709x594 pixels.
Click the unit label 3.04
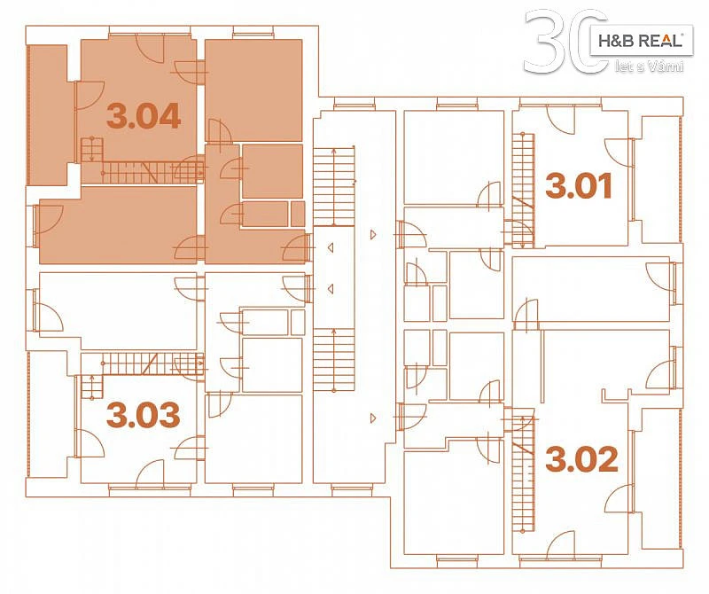point(144,116)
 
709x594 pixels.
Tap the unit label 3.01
point(579,185)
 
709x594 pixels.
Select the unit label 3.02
point(581,458)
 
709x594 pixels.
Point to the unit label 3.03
point(143,415)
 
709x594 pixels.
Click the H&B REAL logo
point(641,41)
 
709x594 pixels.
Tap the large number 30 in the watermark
point(565,42)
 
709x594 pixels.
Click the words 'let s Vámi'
point(650,67)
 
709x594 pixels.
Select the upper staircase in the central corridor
point(334,186)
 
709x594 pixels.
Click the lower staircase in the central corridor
point(334,360)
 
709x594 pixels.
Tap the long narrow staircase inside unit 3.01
point(524,190)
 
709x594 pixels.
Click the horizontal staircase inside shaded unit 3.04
point(142,172)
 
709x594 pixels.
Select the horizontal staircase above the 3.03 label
point(142,364)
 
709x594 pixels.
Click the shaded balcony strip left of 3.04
point(49,115)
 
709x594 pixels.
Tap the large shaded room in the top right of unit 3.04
point(253,90)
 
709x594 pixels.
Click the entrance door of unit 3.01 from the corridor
point(411,234)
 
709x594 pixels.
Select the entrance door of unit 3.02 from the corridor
point(411,416)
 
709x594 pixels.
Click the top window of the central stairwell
point(354,106)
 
